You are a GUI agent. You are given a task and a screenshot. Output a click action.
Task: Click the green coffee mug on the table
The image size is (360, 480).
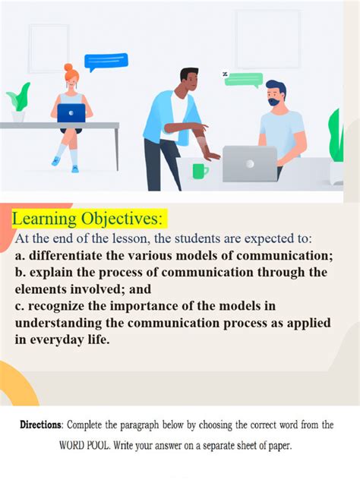(x=200, y=170)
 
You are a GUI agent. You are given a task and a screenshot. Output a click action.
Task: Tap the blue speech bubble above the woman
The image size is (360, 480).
(x=106, y=62)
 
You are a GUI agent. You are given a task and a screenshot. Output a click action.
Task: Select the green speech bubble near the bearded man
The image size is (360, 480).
(x=244, y=79)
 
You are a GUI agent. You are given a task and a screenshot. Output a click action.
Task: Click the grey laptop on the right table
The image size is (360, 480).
(x=249, y=163)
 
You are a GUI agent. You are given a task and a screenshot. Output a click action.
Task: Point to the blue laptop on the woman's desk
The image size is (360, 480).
(x=71, y=113)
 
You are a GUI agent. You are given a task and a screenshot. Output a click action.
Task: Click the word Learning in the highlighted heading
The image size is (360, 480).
(x=45, y=219)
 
